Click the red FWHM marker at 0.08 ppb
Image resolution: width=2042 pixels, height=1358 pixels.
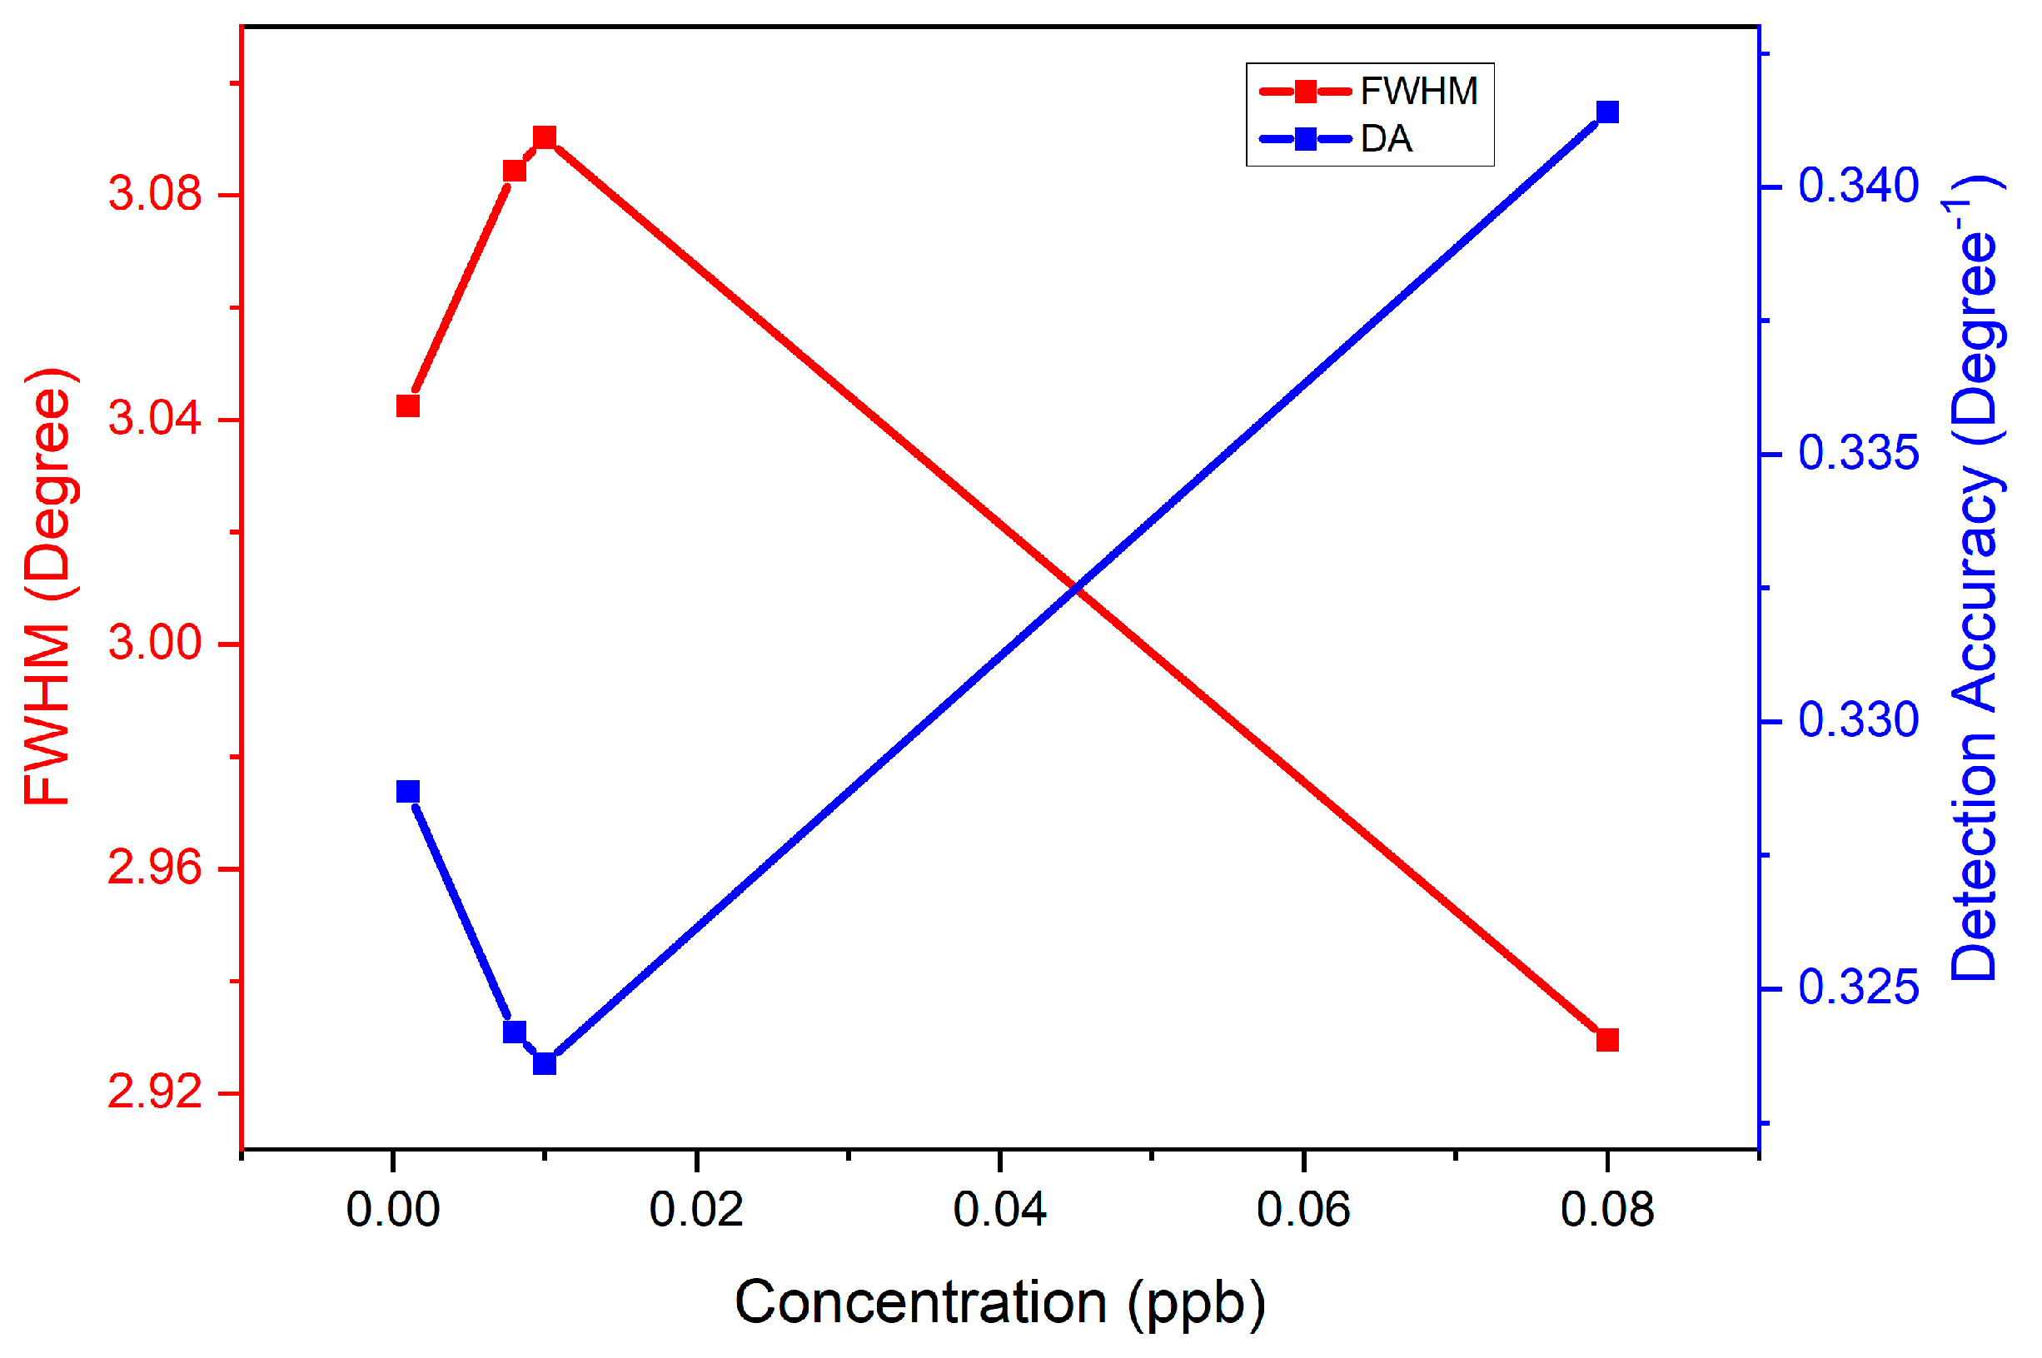pyautogui.click(x=1606, y=1039)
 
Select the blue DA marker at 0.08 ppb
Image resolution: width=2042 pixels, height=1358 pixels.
pyautogui.click(x=1606, y=112)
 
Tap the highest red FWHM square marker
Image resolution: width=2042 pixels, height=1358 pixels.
pyautogui.click(x=544, y=137)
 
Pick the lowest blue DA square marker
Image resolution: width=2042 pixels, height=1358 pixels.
pyautogui.click(x=544, y=1062)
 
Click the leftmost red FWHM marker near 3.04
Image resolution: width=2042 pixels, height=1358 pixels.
pyautogui.click(x=408, y=406)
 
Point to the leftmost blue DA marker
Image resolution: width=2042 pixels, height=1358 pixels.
pyautogui.click(x=408, y=792)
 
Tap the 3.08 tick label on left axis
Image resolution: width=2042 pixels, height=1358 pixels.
pyautogui.click(x=154, y=193)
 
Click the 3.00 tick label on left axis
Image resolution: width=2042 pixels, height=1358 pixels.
pyautogui.click(x=154, y=644)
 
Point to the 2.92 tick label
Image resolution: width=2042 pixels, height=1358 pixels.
pyautogui.click(x=154, y=1093)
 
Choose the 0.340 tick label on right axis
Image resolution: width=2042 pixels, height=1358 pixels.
pyautogui.click(x=1858, y=187)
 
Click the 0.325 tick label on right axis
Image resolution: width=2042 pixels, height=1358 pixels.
pyautogui.click(x=1858, y=987)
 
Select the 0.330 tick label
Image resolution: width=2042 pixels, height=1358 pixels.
pyautogui.click(x=1858, y=720)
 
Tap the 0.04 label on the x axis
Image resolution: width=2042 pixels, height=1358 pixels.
pyautogui.click(x=999, y=1210)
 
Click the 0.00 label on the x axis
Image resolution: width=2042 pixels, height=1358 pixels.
pyautogui.click(x=392, y=1210)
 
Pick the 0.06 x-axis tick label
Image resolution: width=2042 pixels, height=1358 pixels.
pyautogui.click(x=1303, y=1210)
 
